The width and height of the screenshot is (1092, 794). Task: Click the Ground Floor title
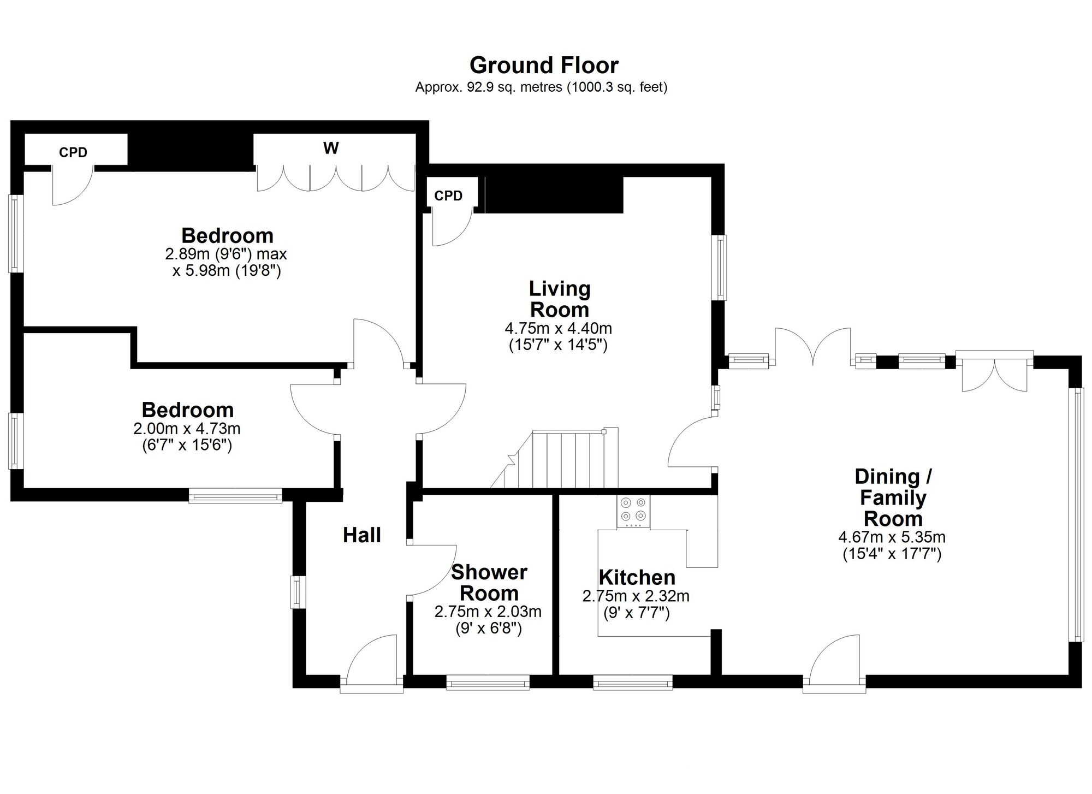click(x=544, y=66)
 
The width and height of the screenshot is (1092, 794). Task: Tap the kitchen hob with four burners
click(x=633, y=511)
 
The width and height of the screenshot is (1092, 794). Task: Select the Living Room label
click(x=560, y=299)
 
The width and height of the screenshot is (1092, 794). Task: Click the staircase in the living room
click(x=554, y=459)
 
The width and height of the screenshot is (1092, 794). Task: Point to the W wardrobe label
click(x=331, y=148)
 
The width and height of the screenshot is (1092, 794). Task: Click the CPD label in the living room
click(x=448, y=195)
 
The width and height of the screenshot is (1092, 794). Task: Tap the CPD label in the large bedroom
click(x=73, y=152)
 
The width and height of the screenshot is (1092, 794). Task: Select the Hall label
click(x=362, y=535)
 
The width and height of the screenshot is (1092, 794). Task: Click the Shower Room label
click(x=489, y=583)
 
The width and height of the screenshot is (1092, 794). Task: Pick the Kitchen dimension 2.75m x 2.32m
click(x=636, y=596)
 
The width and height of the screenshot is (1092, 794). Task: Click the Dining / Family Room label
click(x=893, y=497)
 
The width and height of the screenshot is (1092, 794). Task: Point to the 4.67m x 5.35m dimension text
click(x=892, y=537)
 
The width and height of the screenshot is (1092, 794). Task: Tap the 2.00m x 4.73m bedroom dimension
click(x=187, y=429)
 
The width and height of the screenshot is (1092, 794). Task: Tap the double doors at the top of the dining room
click(x=813, y=346)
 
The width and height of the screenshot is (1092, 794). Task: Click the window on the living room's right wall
click(x=722, y=268)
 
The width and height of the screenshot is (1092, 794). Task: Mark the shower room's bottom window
click(x=488, y=682)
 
